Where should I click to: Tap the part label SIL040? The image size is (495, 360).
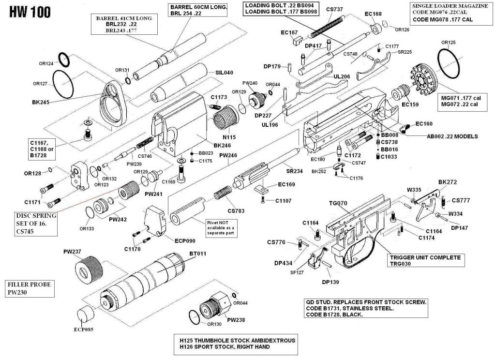coord(225,73)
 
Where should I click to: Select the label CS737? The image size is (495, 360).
coord(334,10)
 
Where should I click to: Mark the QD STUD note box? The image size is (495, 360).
coord(366,308)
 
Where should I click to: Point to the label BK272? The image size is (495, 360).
coord(447,182)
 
